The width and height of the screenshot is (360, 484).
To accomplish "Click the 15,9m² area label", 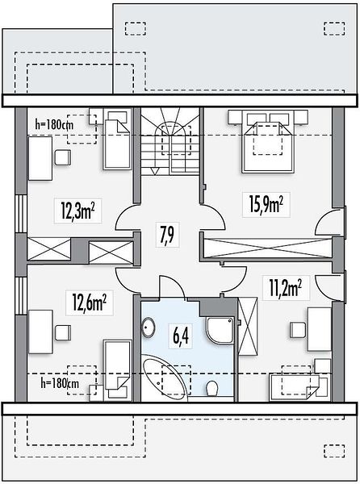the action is coord(266,204).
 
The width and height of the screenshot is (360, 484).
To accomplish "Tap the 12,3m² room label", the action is coord(77,211).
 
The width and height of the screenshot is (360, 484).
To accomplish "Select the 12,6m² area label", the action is coord(90,302).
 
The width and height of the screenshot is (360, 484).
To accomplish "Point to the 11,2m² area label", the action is coord(286,288).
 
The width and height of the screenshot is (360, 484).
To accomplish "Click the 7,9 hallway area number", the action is coord(168,235).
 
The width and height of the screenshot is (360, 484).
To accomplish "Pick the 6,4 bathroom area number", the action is coord(181,335).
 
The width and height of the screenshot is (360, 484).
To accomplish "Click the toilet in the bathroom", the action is coord(212,388).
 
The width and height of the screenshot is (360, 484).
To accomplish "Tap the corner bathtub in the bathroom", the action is coord(165,378).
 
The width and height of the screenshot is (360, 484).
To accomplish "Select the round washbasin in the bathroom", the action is coord(149,328).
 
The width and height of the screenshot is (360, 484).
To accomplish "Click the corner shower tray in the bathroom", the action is coord(220,330).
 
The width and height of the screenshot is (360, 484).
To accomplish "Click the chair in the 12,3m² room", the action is coord(63,157).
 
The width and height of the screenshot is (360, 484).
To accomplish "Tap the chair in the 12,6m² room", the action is coord(63,332).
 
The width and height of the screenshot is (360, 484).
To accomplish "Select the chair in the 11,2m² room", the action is coord(298,330).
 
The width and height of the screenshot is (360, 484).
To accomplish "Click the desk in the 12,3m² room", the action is coord(40,158).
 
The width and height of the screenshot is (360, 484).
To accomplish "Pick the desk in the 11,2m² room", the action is coord(320,329).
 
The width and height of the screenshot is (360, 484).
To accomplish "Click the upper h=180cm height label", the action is coord(54,125).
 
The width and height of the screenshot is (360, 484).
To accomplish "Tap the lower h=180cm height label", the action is coord(60,384).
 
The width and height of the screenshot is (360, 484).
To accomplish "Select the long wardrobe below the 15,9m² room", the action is coord(267,248).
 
